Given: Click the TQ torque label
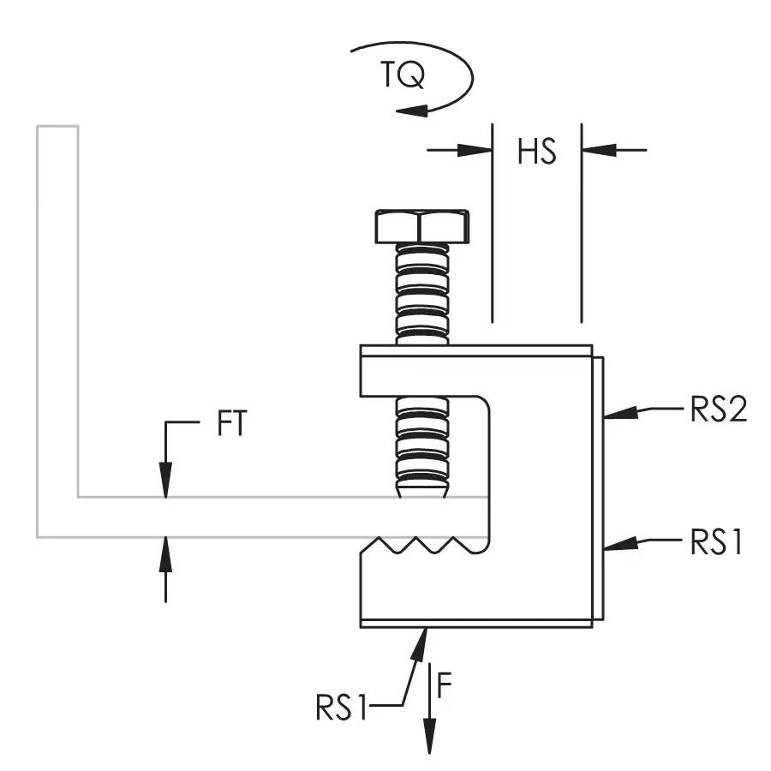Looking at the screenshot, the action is click(403, 75).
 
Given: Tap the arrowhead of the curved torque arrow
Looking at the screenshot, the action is click(412, 111).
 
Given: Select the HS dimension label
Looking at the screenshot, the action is click(537, 152).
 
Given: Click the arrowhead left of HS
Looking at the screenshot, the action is click(475, 150).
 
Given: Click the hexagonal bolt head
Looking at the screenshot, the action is click(421, 227).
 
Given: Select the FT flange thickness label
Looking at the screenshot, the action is click(231, 423).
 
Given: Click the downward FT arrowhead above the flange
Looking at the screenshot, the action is click(165, 481).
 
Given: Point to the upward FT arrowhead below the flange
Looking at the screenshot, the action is click(165, 554).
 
